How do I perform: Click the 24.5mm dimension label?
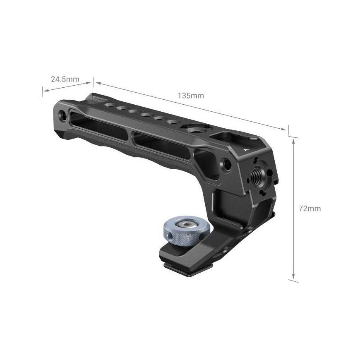65,79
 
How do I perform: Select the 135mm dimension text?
191,96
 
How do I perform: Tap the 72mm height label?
310,209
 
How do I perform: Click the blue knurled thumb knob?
186,231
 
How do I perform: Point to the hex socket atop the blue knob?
187,223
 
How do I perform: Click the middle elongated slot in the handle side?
161,145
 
